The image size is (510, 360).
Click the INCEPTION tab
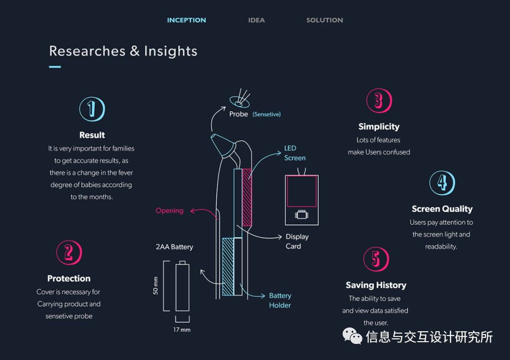point(187,20)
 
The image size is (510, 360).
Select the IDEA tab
point(256,20)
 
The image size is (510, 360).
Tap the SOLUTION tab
point(324,20)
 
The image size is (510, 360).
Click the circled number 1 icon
point(92,109)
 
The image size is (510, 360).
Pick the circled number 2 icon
point(69,253)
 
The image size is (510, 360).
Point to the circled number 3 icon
point(379,100)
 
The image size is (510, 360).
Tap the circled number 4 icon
point(442,183)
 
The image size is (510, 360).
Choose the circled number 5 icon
point(376,259)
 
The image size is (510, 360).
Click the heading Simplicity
point(379,126)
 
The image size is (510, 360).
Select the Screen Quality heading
point(442,209)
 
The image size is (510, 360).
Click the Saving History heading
point(376,285)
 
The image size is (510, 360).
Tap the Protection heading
point(69,278)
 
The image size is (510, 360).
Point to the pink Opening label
point(170,210)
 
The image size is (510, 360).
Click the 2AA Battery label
point(174,247)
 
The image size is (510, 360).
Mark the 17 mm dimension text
point(182,329)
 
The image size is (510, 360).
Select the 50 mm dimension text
point(156,286)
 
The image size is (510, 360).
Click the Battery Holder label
point(280,300)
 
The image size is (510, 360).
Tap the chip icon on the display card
point(301,215)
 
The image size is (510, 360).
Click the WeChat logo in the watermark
point(352,336)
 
